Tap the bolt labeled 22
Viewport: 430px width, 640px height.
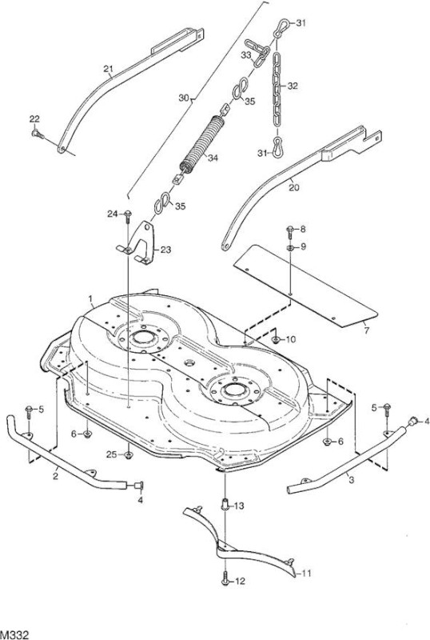[37, 134]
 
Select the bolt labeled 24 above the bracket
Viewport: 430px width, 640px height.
[128, 215]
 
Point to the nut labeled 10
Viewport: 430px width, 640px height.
[276, 339]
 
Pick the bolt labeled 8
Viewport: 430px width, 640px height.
[290, 232]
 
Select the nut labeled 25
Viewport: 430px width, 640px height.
[128, 455]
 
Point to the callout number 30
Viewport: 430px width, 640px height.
[184, 98]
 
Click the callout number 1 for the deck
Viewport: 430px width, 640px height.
[90, 299]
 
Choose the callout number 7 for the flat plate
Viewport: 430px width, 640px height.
[366, 331]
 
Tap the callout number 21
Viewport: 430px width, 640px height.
[108, 69]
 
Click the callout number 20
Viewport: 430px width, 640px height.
[294, 187]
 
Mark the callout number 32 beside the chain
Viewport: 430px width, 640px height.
[293, 86]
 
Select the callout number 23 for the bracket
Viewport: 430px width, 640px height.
[165, 250]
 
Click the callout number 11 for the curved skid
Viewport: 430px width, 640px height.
[306, 574]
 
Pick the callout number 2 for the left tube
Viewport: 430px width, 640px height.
[55, 476]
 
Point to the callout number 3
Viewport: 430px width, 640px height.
[352, 480]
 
